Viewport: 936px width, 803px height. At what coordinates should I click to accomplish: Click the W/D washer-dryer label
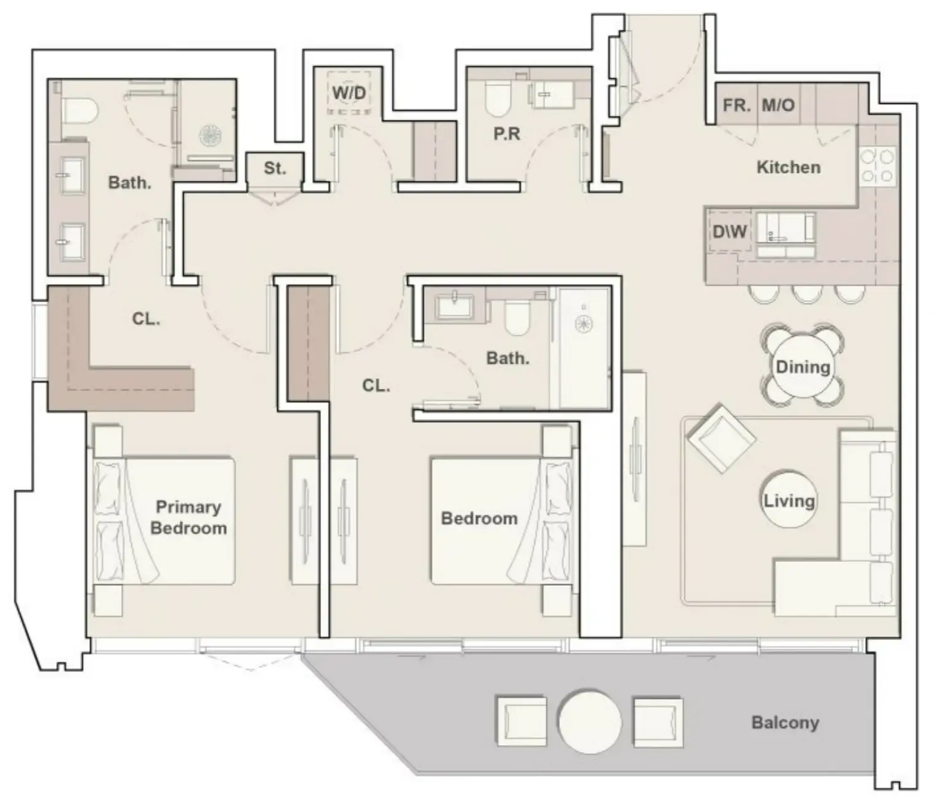click(x=349, y=93)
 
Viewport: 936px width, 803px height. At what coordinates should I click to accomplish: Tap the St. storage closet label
click(x=275, y=168)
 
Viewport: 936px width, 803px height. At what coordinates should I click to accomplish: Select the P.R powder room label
click(x=507, y=134)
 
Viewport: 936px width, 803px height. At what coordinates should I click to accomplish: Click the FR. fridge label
click(x=736, y=105)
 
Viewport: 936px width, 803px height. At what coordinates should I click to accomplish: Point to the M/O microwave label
click(x=778, y=105)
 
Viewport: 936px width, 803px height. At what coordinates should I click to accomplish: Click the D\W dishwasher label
click(x=730, y=231)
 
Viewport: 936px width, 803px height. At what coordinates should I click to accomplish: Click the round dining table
click(x=803, y=367)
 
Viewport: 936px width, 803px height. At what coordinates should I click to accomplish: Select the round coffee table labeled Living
click(x=789, y=500)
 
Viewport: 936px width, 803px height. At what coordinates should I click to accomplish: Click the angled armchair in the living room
click(x=721, y=438)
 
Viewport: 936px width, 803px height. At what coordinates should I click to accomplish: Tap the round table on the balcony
click(x=590, y=722)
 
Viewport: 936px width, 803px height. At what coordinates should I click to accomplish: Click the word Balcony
click(x=785, y=722)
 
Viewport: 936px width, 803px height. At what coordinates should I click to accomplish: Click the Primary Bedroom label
click(x=188, y=517)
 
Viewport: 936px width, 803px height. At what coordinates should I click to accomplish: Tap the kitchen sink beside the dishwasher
click(x=785, y=229)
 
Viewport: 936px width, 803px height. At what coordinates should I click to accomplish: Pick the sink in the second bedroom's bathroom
click(x=454, y=306)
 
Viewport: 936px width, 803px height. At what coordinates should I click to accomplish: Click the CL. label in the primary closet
click(x=146, y=319)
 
